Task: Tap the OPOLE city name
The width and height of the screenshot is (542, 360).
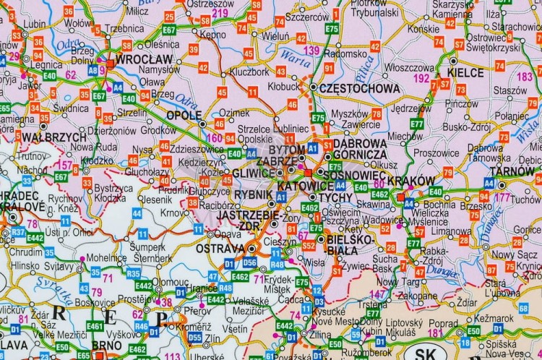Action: [184, 116]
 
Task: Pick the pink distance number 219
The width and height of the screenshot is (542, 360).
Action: [220, 13]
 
